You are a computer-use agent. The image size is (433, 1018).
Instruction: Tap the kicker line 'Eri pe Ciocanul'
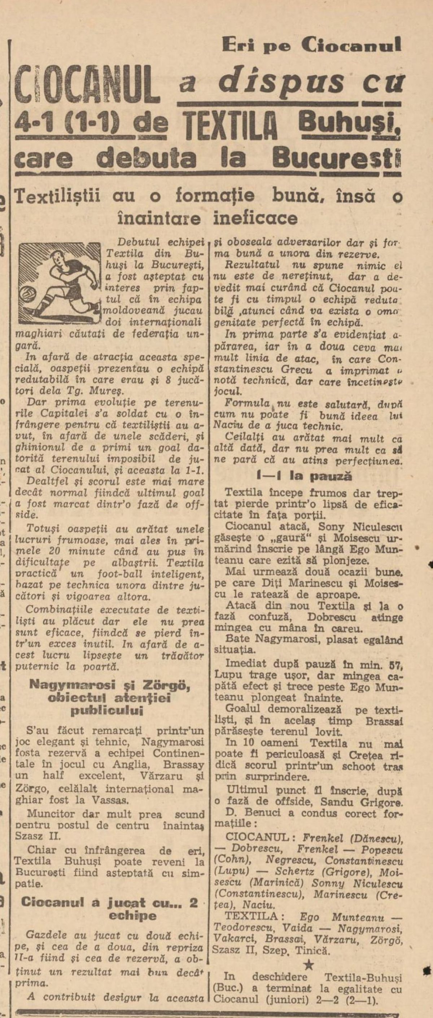(312, 45)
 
